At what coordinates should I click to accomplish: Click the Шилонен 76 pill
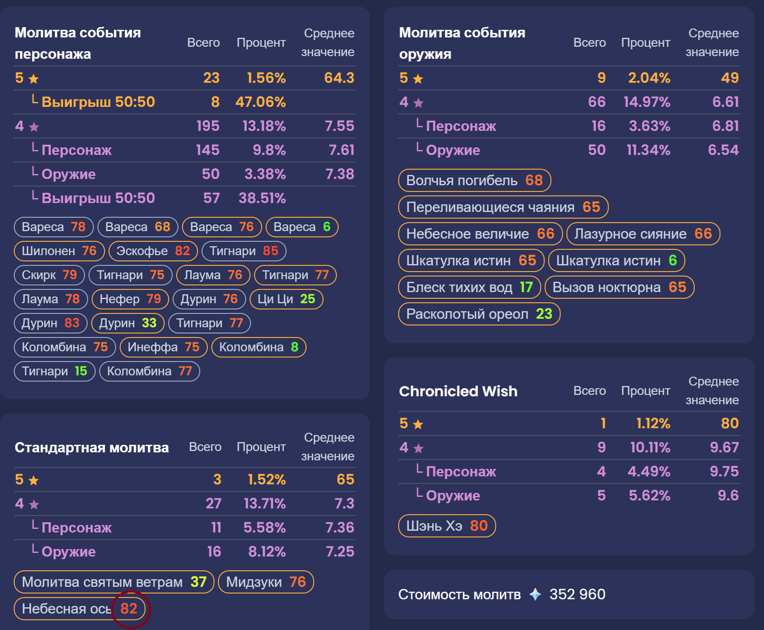pyautogui.click(x=59, y=251)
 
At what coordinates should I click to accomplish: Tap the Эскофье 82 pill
pyautogui.click(x=153, y=251)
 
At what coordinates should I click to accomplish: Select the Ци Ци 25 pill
pyautogui.click(x=286, y=299)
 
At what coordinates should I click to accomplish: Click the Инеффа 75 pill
pyautogui.click(x=163, y=347)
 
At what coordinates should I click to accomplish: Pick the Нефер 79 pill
pyautogui.click(x=130, y=299)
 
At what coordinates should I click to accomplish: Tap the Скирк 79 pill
pyautogui.click(x=49, y=275)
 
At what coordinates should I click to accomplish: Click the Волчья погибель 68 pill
pyautogui.click(x=474, y=180)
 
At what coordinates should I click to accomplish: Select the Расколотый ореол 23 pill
pyautogui.click(x=479, y=314)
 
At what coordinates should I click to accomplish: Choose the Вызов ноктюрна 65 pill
pyautogui.click(x=619, y=287)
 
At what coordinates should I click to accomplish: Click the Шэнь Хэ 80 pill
pyautogui.click(x=447, y=526)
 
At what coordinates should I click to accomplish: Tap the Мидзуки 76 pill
pyautogui.click(x=266, y=582)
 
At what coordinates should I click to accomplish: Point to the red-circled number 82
pyautogui.click(x=129, y=609)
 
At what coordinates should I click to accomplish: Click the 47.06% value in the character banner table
pyautogui.click(x=260, y=102)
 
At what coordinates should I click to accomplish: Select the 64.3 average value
pyautogui.click(x=339, y=78)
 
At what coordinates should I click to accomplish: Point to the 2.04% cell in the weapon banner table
pyautogui.click(x=649, y=78)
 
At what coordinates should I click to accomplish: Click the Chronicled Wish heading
pyautogui.click(x=458, y=391)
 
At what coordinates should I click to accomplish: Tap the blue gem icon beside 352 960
pyautogui.click(x=535, y=594)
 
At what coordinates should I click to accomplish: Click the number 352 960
pyautogui.click(x=577, y=594)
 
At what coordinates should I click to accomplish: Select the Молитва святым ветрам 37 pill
pyautogui.click(x=114, y=582)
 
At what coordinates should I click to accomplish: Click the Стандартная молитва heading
pyautogui.click(x=92, y=447)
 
